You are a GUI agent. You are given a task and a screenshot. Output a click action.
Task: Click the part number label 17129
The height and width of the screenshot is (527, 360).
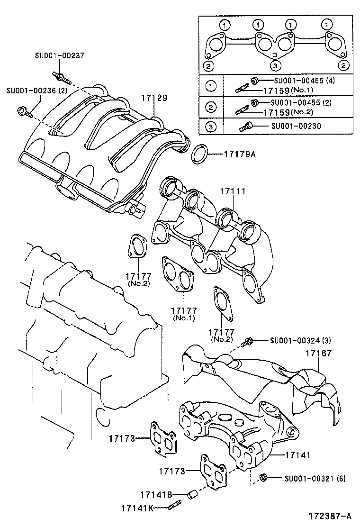coord(154,98)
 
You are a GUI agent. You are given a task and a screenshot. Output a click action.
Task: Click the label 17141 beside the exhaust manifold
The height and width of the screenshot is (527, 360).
coord(297,455)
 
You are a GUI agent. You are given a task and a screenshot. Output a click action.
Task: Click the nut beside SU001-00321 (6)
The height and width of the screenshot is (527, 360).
coord(264,478)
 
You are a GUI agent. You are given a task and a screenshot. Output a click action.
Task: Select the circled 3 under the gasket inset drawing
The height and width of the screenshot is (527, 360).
coord(275,65)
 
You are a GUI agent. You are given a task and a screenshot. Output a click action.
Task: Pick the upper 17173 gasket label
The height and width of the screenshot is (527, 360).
coord(121,439)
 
